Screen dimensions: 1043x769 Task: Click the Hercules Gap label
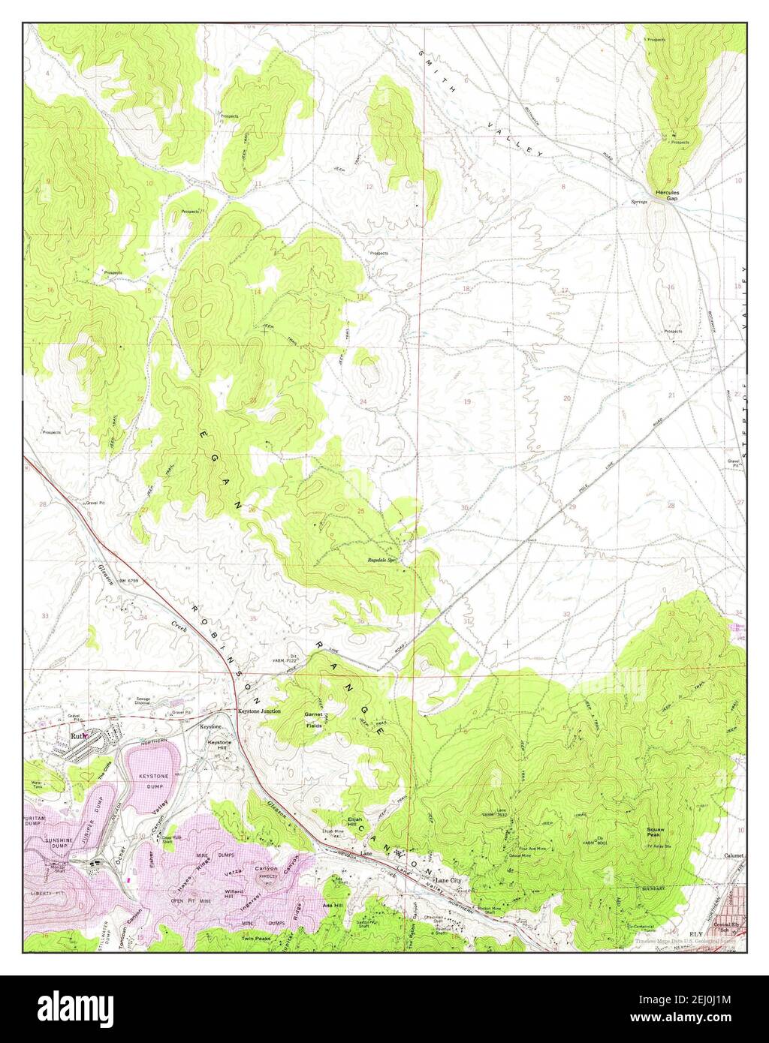667,194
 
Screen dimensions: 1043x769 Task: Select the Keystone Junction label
259,711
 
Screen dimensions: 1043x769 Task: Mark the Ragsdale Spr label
381,561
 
